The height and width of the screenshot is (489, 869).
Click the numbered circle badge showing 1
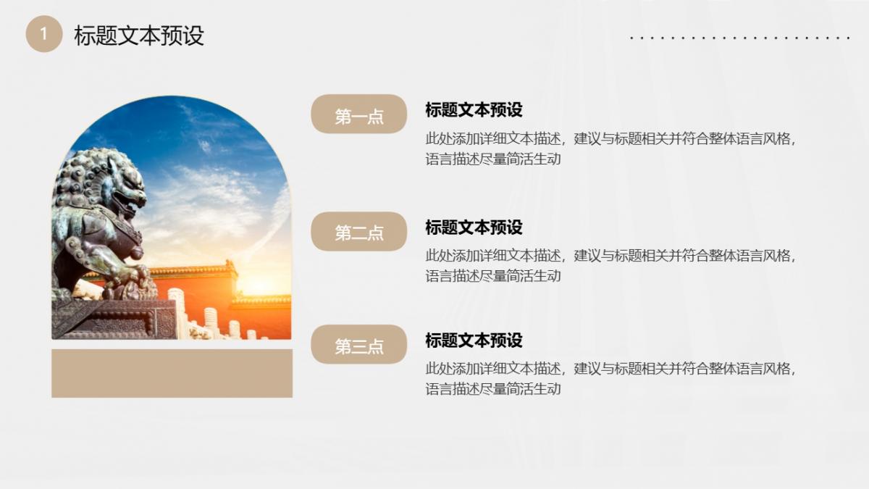coord(44,34)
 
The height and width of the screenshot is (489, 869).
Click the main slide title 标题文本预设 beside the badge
coord(139,35)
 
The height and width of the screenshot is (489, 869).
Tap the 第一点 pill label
coord(359,114)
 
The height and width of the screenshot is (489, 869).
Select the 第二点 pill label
coord(359,231)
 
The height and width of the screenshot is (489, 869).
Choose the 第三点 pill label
coord(359,344)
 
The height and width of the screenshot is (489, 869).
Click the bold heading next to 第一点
coord(474,110)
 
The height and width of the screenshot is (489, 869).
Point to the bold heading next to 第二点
coord(474,227)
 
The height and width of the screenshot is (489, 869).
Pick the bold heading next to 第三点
coord(474,340)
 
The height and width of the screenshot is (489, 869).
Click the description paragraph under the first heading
coord(610,149)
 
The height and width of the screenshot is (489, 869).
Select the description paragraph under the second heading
coord(610,266)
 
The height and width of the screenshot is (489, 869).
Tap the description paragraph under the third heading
coord(610,379)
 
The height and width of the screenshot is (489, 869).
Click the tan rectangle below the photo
coord(172,373)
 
